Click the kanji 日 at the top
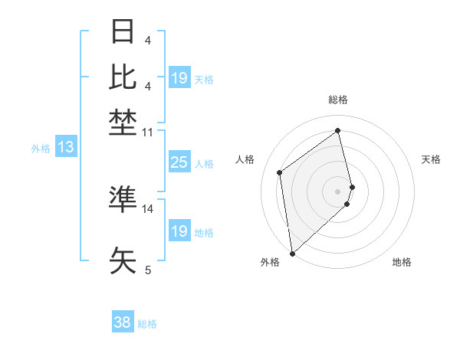point(123,33)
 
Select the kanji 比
point(123,77)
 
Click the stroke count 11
point(148,133)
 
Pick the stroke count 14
point(148,208)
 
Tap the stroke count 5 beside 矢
point(148,270)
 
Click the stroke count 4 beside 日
point(148,41)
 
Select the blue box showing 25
point(179,162)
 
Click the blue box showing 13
point(65,148)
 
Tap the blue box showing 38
point(122,322)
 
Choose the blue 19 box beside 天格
point(179,78)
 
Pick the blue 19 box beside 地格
point(179,231)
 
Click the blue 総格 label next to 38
point(147,324)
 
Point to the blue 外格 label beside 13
point(41,149)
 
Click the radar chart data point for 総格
point(338,130)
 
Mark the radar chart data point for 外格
point(292,254)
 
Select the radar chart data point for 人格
point(280,172)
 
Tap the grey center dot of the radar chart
point(338,191)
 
